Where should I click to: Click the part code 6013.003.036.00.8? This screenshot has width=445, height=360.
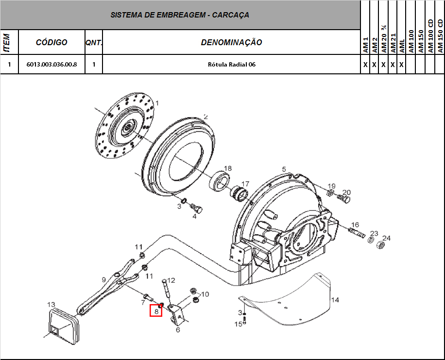click(51, 64)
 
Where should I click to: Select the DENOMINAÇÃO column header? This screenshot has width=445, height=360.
click(231, 42)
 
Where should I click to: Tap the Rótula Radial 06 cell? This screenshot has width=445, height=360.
click(231, 64)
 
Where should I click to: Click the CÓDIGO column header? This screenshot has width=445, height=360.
click(51, 42)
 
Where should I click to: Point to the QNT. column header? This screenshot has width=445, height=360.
click(94, 42)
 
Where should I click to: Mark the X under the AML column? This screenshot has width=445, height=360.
click(401, 64)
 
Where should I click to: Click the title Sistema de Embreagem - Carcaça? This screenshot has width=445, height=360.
click(180, 15)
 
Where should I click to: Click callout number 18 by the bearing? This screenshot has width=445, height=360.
click(227, 169)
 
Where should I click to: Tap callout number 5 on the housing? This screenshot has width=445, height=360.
click(284, 169)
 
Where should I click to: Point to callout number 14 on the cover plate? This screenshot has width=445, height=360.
click(335, 300)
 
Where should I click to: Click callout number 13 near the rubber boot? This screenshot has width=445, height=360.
click(51, 304)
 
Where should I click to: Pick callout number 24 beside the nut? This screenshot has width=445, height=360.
click(386, 238)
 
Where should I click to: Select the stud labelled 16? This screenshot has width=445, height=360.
click(358, 232)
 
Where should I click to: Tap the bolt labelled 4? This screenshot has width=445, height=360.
click(197, 209)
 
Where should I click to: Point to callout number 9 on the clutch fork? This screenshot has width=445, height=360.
click(103, 279)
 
